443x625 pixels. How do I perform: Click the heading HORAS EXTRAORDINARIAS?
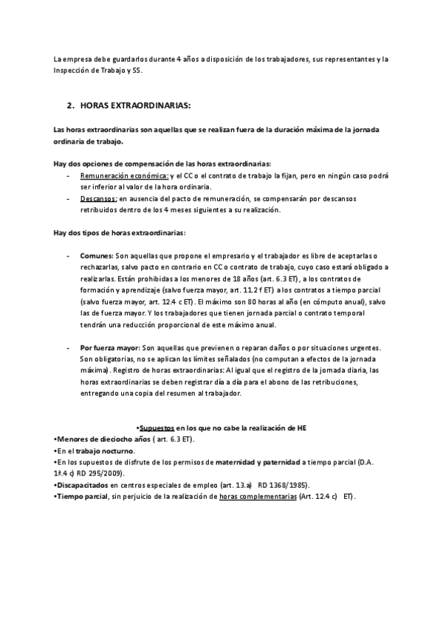[x=134, y=105]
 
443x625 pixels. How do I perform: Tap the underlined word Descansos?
[x=99, y=199]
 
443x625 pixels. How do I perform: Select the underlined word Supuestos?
[x=157, y=427]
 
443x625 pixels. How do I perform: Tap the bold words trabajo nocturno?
[x=108, y=450]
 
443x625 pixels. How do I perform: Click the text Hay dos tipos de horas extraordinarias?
[x=120, y=234]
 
